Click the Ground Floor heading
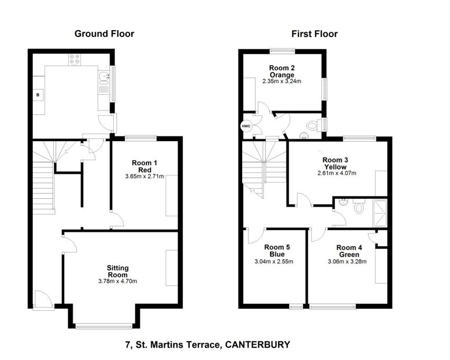[x=104, y=34]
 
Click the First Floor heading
[x=314, y=34]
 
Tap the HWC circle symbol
[x=246, y=126]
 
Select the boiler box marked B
[x=38, y=95]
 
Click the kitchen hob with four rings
[x=74, y=61]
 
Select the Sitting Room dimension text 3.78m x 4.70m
[x=118, y=281]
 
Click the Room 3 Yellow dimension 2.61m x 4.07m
[x=337, y=173]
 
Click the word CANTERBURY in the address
[x=258, y=345]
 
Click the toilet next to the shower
[x=360, y=207]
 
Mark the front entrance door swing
[x=43, y=299]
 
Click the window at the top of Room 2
[x=282, y=51]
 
